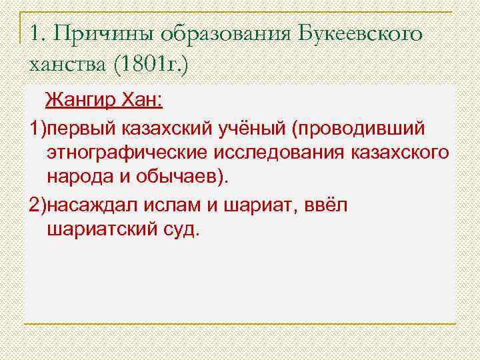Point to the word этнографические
click(x=127, y=153)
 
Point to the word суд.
click(x=181, y=230)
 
